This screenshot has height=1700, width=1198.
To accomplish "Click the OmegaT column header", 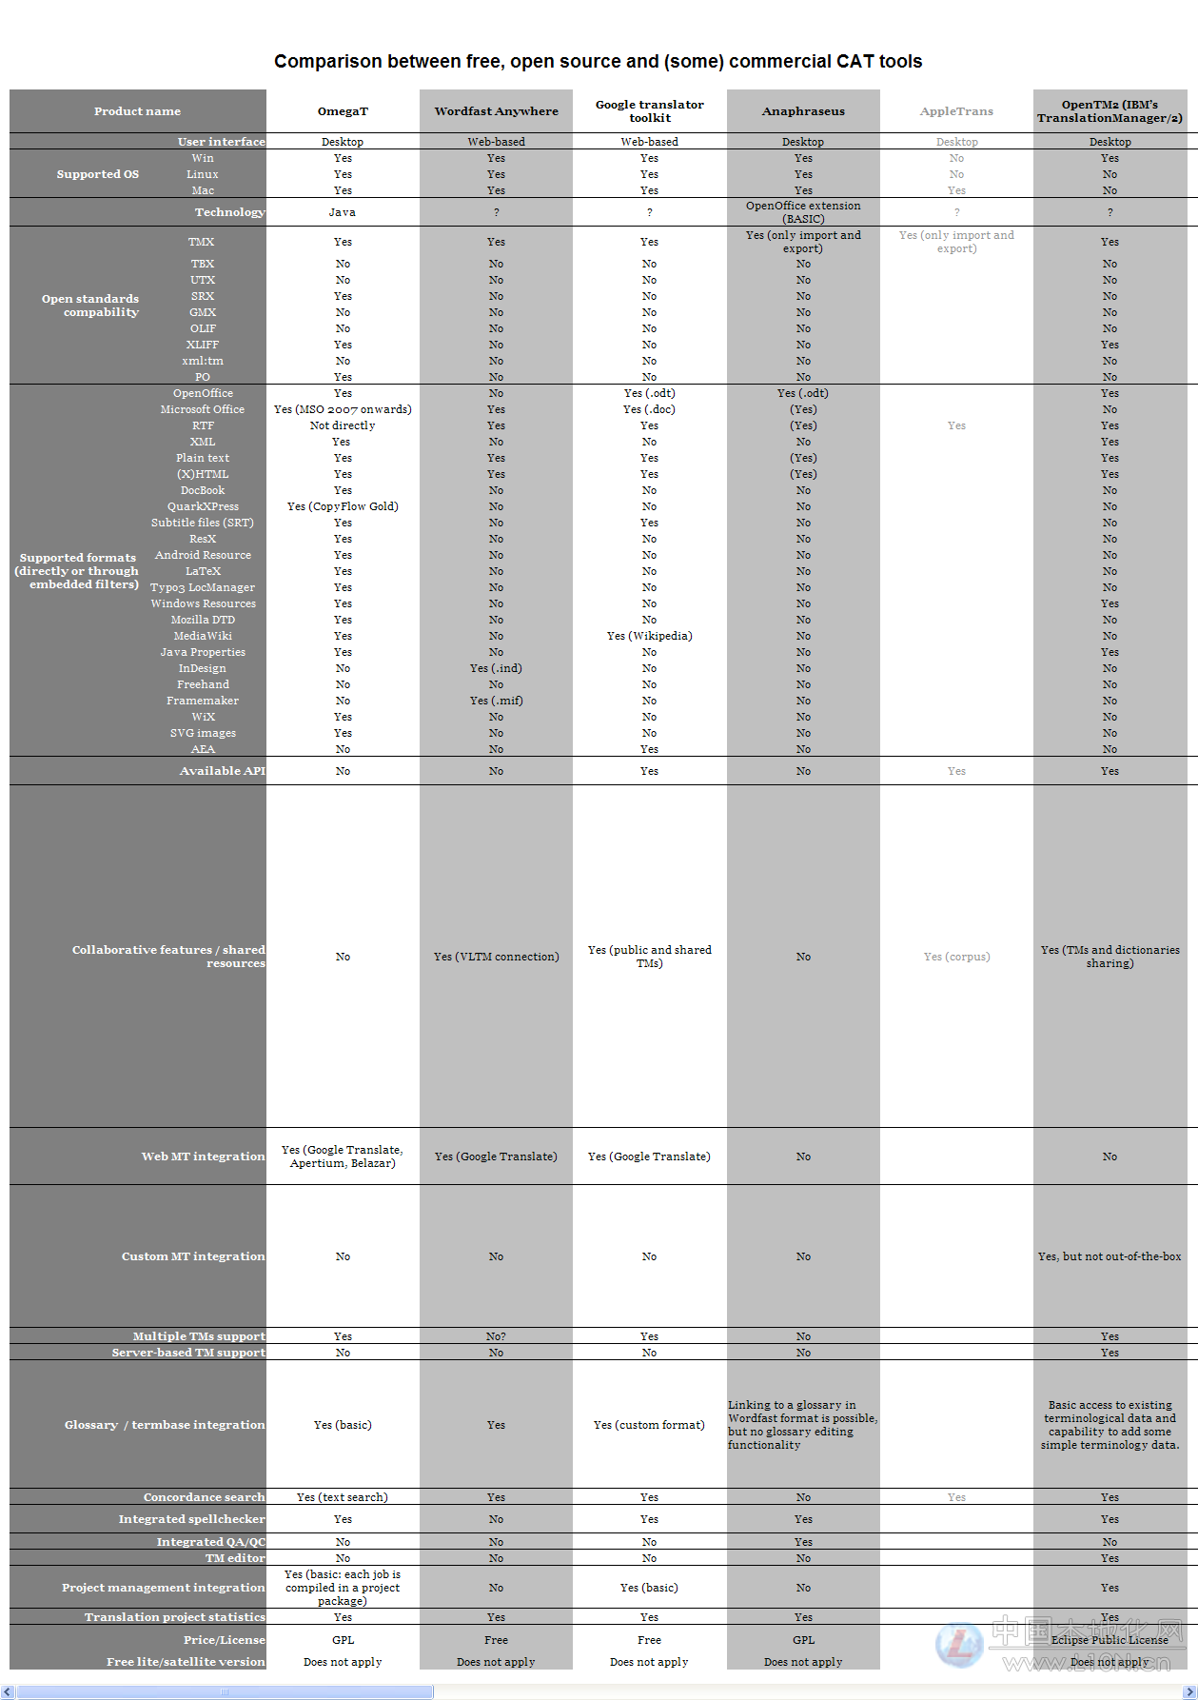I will (343, 111).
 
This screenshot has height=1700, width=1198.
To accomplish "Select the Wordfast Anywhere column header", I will (496, 111).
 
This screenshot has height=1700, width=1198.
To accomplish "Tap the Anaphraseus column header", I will (803, 111).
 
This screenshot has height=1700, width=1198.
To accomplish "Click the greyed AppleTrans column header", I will (956, 111).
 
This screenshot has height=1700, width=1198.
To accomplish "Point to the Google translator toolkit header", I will (650, 111).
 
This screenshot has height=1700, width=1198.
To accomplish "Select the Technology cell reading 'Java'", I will (343, 212).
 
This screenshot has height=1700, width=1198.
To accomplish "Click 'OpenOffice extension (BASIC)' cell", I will (803, 212).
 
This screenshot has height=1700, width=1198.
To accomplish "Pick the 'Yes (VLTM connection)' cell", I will (496, 957).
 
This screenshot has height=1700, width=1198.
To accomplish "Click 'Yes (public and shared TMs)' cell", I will (650, 957).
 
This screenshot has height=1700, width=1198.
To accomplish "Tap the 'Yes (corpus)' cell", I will (956, 957).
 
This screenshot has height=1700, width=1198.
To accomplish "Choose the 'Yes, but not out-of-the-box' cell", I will (1110, 1256).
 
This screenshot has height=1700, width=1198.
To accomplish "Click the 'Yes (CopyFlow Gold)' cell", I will (343, 506).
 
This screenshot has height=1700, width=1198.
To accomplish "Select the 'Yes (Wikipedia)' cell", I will (650, 636).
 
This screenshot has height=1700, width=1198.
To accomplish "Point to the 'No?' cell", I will (496, 1336).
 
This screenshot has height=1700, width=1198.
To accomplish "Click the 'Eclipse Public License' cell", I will (1110, 1640).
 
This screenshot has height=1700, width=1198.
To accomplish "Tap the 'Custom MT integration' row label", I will (193, 1256).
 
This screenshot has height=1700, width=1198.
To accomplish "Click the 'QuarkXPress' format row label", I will (203, 506).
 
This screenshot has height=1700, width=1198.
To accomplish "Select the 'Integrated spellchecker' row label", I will (191, 1519).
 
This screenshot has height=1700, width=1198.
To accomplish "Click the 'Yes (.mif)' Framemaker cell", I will (496, 701).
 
